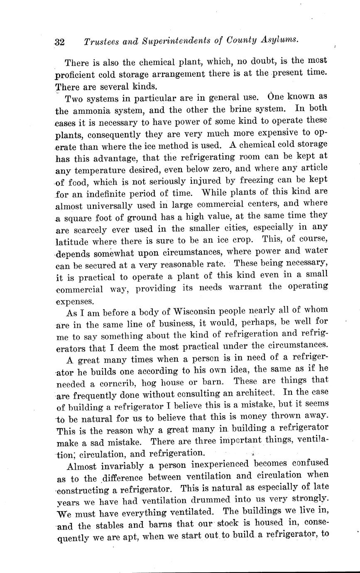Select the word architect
click(x=253, y=392)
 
